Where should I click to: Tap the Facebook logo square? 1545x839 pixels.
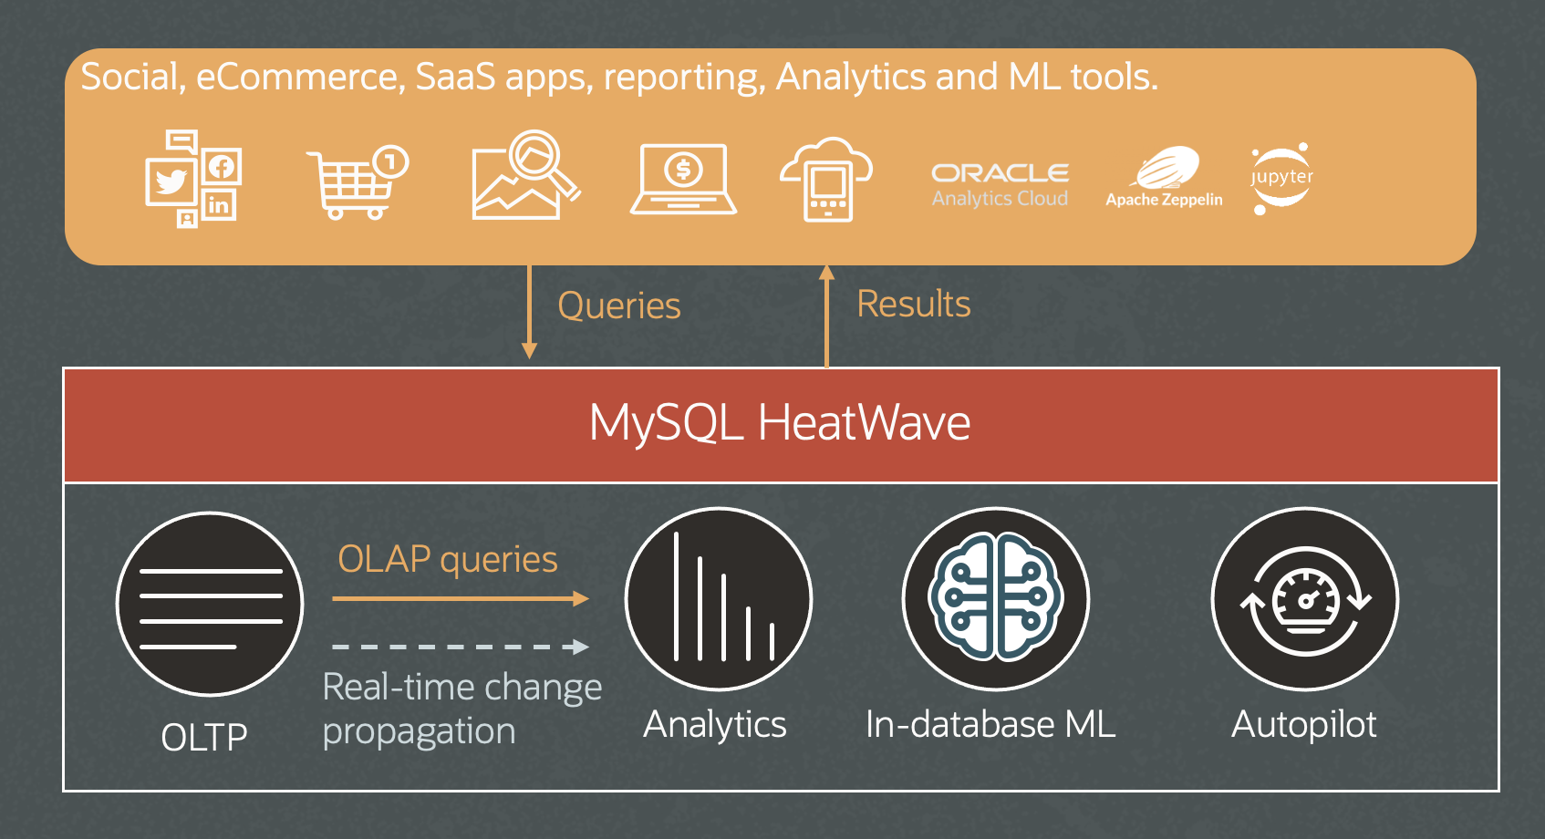(x=222, y=166)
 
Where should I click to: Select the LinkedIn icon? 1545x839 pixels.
(x=219, y=205)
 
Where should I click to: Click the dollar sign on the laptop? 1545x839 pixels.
(x=683, y=169)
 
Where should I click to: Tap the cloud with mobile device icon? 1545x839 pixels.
(x=826, y=180)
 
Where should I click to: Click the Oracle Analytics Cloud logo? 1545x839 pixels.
(x=1001, y=185)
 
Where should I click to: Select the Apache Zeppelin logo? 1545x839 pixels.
(x=1165, y=177)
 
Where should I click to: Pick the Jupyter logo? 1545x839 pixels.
(x=1282, y=177)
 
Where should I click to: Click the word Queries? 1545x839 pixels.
(x=618, y=306)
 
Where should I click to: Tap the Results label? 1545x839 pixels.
(x=913, y=304)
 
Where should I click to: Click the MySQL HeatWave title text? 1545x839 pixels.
(x=780, y=422)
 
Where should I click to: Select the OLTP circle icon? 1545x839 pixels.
(x=210, y=604)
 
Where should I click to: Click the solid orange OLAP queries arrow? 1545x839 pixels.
(x=461, y=598)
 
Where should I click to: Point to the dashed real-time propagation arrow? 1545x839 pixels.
(x=461, y=647)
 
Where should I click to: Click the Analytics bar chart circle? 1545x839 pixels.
(x=719, y=598)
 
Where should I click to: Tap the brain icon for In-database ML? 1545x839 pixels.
(x=995, y=598)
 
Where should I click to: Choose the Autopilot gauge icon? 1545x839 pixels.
(x=1305, y=598)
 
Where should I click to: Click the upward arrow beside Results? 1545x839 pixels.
(x=826, y=316)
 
